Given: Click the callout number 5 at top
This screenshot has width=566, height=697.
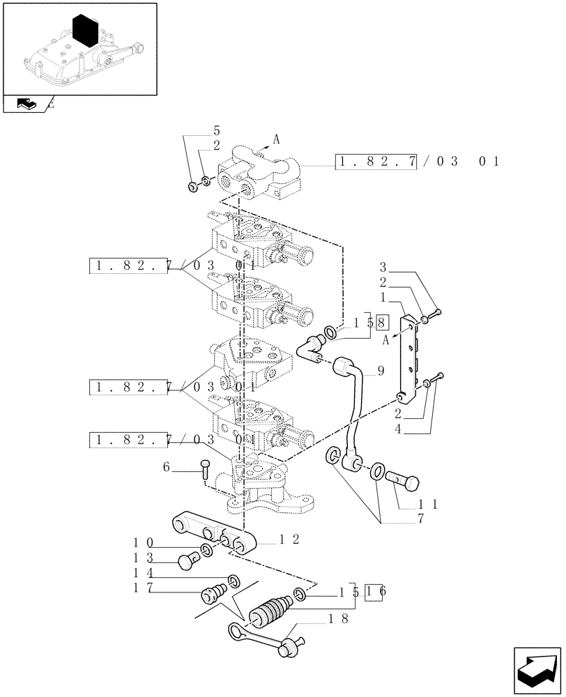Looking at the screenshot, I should tap(217, 130).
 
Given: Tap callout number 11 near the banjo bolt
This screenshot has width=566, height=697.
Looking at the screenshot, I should tap(428, 504).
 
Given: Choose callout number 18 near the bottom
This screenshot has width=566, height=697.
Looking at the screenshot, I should tap(346, 618).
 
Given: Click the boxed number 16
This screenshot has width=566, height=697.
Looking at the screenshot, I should tap(375, 592).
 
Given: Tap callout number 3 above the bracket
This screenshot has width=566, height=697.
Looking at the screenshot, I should tap(383, 267).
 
